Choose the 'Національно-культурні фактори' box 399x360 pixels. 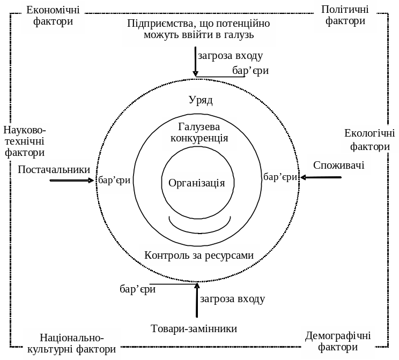72,343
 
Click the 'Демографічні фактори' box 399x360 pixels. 338,342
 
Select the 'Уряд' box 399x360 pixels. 200,100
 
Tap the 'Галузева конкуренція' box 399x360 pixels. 199,132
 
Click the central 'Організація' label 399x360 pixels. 196,183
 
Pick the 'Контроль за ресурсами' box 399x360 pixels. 199,255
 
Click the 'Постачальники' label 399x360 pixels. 54,169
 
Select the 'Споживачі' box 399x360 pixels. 338,165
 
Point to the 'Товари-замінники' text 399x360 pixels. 194,328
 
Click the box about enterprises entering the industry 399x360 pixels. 198,29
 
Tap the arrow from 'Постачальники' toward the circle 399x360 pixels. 72,181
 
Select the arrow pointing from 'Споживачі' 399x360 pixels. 321,177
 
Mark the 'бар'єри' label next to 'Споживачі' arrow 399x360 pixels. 280,177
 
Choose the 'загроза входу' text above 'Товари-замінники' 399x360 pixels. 232,299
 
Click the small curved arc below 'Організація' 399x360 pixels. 199,225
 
